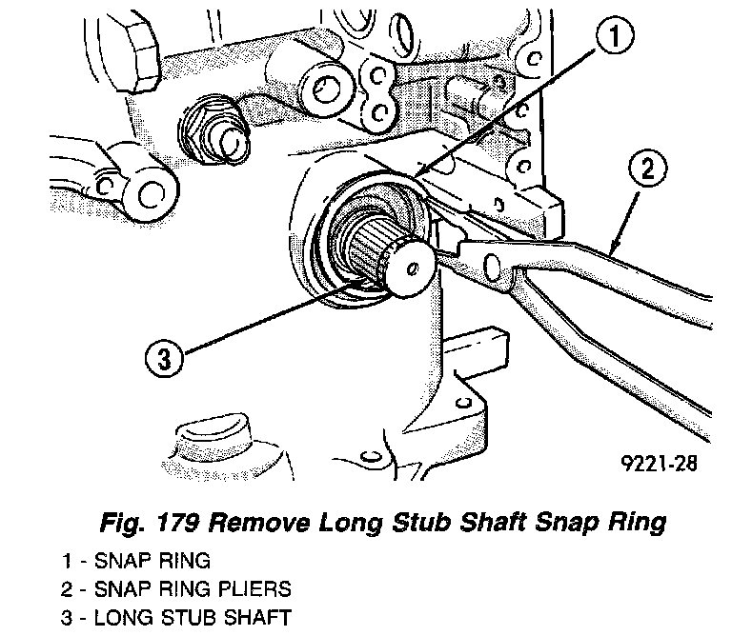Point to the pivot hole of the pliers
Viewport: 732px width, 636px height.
pos(494,263)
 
